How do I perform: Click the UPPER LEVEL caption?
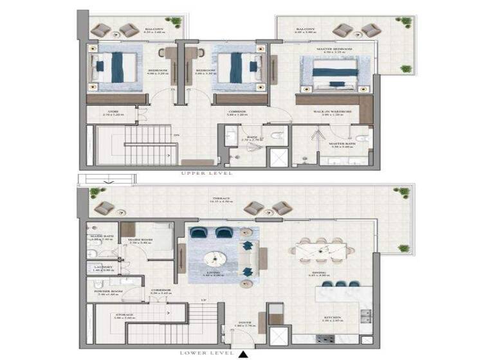pos(206,174)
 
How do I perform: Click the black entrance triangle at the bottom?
pos(243,353)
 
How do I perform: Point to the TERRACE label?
pos(223,199)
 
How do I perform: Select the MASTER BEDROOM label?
pos(334,49)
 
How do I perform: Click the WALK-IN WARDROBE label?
pos(333,112)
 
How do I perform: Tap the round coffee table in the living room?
pos(215,258)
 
